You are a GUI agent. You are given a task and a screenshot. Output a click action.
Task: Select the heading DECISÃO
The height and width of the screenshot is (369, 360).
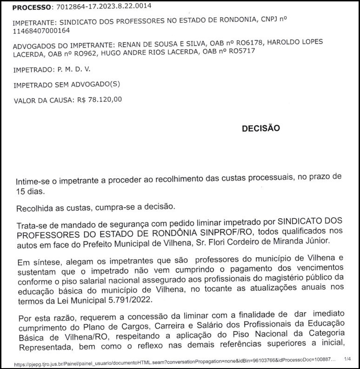tap(260, 129)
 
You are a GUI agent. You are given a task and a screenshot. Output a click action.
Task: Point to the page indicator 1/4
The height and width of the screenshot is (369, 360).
tap(347, 359)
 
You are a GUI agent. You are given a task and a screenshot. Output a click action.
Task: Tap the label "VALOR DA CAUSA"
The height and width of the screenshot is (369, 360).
tap(42, 100)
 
